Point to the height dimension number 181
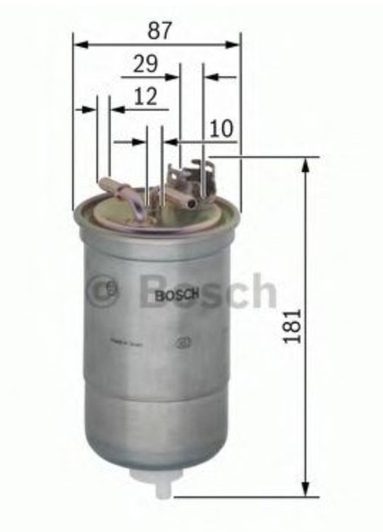[292, 326]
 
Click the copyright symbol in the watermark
[102, 289]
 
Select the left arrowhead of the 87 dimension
[79, 44]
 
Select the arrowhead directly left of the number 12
[116, 110]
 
